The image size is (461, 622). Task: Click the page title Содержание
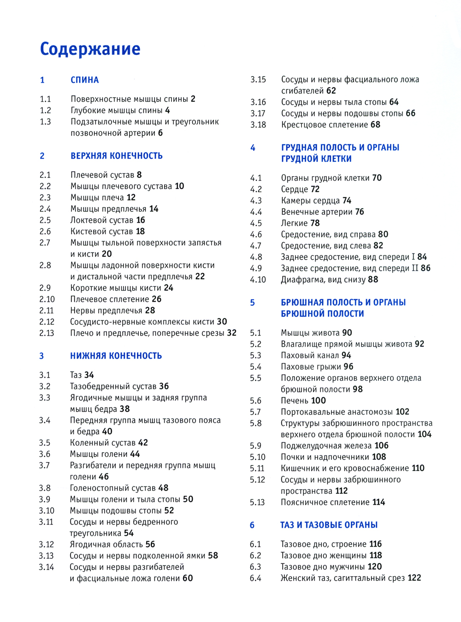pos(90,49)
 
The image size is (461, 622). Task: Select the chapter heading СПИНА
pos(85,80)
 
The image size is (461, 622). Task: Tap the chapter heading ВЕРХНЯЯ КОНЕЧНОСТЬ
pos(116,156)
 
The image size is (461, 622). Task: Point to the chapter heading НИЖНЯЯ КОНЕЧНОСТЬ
pos(116,356)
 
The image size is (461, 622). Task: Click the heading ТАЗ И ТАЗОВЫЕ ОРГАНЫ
pos(329,525)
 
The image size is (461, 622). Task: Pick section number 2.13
pos(47,333)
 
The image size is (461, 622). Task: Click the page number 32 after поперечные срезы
pos(231,333)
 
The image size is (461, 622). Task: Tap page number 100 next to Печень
pos(318,401)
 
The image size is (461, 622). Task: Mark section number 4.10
pos(258,279)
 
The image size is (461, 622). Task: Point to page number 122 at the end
pos(414,578)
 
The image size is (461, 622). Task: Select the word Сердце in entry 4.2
pos(294,189)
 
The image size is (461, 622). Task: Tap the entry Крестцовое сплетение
pos(325,124)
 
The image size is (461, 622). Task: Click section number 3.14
pos(46,567)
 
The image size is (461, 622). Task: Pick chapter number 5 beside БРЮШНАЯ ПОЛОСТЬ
pos(252,303)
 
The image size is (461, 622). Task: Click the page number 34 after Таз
pos(89,375)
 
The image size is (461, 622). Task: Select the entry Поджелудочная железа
pos(326,446)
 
